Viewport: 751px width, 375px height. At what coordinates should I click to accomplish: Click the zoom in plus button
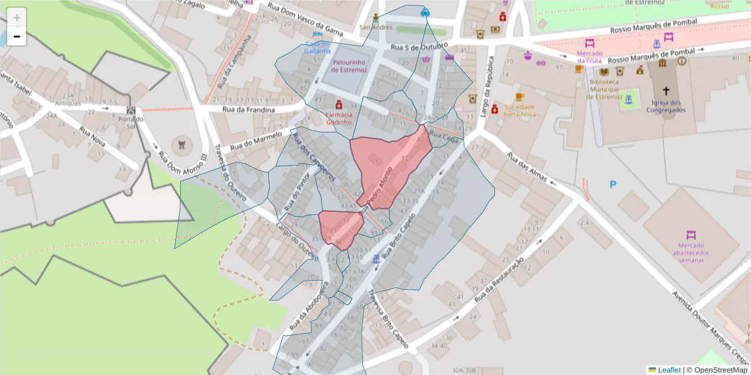click(17, 17)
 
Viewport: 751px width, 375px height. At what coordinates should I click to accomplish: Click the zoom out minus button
click(17, 36)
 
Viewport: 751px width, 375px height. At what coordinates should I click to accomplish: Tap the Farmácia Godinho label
click(338, 118)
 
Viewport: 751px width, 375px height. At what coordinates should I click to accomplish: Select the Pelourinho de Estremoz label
click(349, 66)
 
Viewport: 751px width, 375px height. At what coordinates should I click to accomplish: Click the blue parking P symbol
click(613, 184)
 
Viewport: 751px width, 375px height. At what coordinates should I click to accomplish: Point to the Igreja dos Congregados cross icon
click(666, 91)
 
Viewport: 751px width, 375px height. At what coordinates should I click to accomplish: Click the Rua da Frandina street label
click(248, 109)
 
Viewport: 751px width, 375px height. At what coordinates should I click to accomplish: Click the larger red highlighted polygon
click(388, 162)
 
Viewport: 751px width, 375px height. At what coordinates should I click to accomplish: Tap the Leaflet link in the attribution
click(669, 370)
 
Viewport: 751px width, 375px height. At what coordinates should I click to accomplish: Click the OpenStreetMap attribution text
click(717, 370)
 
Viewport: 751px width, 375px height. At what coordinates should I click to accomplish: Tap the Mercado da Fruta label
click(590, 57)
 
